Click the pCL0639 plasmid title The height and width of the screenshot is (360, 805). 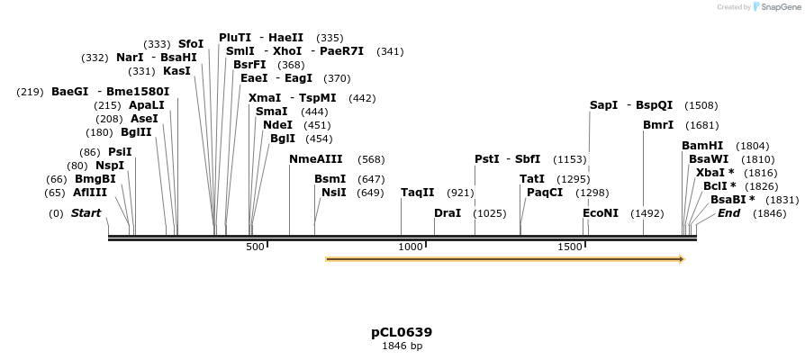(x=402, y=332)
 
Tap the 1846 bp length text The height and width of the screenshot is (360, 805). (x=402, y=346)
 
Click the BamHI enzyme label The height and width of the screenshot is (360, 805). (x=702, y=145)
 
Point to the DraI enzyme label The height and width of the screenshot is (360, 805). (x=448, y=213)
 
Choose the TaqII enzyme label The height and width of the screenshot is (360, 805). (x=418, y=192)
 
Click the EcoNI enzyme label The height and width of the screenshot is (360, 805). (x=601, y=213)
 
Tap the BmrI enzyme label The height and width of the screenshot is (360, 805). (x=658, y=124)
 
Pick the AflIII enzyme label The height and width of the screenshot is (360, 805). (x=90, y=192)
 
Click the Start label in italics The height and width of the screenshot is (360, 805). (x=86, y=213)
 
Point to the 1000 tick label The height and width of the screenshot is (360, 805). (x=411, y=247)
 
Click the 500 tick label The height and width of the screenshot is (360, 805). (x=255, y=247)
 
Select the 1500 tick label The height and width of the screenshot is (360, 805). (x=571, y=247)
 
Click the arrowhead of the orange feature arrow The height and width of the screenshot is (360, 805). (x=681, y=259)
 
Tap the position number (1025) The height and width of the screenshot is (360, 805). (x=490, y=213)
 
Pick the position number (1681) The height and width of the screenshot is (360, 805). (x=702, y=124)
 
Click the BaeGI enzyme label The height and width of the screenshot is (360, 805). (x=70, y=91)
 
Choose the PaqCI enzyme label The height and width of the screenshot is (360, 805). (x=545, y=192)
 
